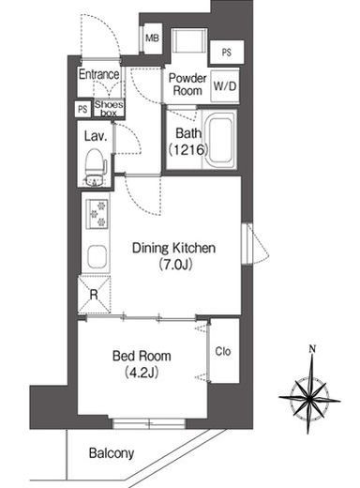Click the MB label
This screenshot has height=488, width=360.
point(153,38)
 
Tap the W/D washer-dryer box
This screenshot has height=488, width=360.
point(225,85)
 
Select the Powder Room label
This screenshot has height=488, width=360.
point(187,84)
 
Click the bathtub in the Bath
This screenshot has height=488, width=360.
point(220,140)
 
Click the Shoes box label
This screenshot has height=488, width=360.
point(109,109)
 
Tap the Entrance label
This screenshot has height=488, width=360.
point(98,74)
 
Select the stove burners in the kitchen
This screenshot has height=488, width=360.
point(97,214)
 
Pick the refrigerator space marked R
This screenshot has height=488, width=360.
point(94,295)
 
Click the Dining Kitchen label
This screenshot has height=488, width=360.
point(173,248)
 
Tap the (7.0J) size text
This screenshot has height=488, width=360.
point(175,265)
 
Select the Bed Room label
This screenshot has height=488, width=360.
point(142,356)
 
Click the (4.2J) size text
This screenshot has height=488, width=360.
point(141,373)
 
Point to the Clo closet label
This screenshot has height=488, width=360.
point(223,351)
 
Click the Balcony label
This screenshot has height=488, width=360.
point(112,453)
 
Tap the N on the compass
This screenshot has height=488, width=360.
point(311,349)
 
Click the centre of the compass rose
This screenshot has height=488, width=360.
point(309,399)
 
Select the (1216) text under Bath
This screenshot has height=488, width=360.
point(188,150)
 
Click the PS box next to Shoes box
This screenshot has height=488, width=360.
point(82,109)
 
